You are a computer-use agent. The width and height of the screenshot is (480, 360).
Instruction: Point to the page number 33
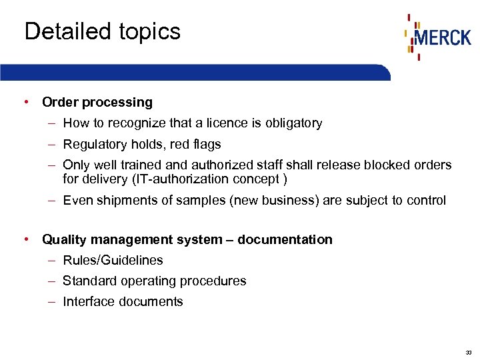(x=469, y=351)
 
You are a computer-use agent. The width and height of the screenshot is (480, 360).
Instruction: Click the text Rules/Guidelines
(x=113, y=260)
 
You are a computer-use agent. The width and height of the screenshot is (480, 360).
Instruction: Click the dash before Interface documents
(x=51, y=301)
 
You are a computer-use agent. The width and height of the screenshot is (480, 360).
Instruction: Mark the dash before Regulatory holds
(x=51, y=144)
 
